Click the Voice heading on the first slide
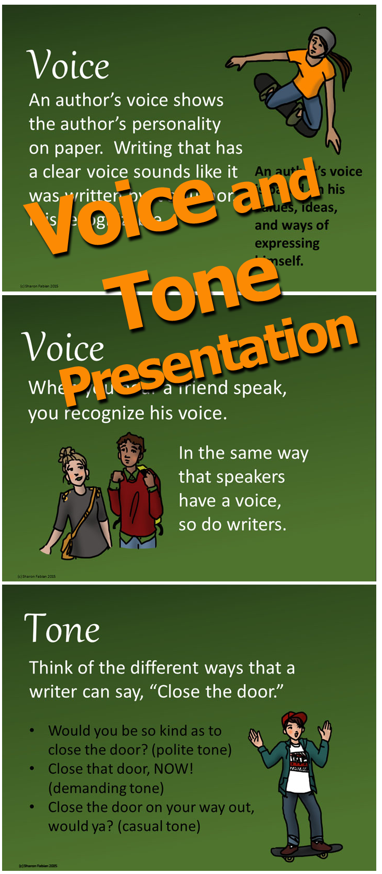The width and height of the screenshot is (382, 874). pyautogui.click(x=68, y=65)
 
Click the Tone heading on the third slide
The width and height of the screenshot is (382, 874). pyautogui.click(x=62, y=629)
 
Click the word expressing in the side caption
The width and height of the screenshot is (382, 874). pyautogui.click(x=287, y=243)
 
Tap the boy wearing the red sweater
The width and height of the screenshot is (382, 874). pyautogui.click(x=135, y=494)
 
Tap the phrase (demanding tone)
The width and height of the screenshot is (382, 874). pyautogui.click(x=106, y=788)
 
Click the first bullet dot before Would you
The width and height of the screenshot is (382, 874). pyautogui.click(x=32, y=731)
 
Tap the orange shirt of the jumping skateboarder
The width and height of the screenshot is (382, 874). pyautogui.click(x=312, y=73)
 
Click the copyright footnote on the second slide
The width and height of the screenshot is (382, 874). pyautogui.click(x=36, y=576)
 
